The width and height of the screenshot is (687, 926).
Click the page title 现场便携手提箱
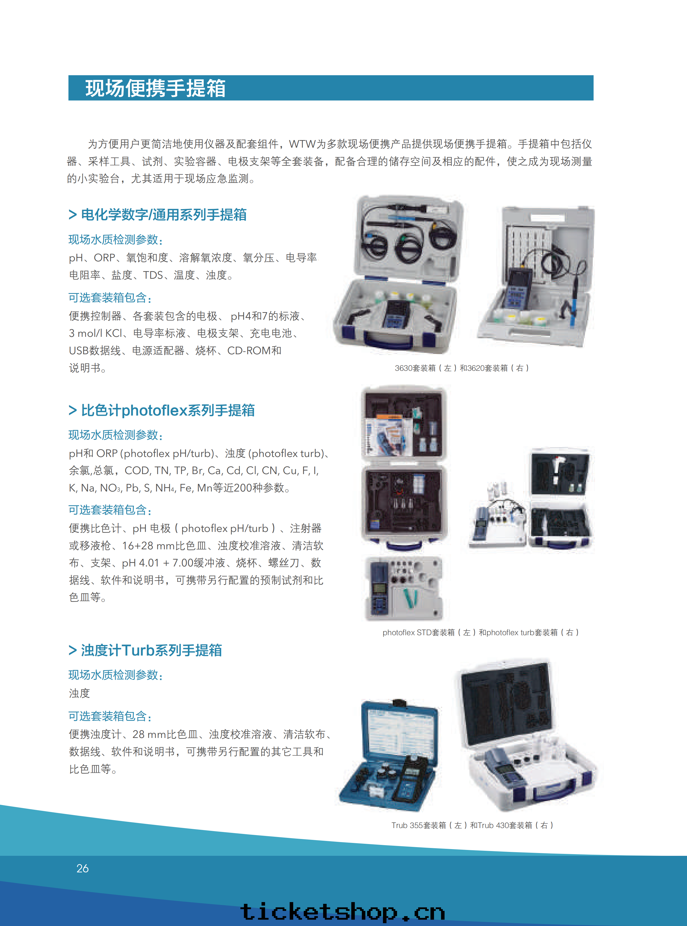155,88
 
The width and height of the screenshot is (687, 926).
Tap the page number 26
82,868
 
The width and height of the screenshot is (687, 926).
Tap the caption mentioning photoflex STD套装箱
480,632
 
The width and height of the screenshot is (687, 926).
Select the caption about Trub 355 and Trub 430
472,825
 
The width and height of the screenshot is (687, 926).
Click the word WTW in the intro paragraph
302,144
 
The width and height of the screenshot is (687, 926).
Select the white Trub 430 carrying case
526,734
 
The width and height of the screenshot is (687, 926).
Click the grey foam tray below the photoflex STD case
403,588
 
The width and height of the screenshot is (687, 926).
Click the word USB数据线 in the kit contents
95,351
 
